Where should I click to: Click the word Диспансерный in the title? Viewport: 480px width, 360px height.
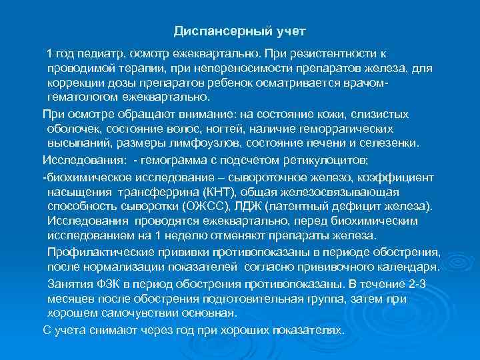click(211, 31)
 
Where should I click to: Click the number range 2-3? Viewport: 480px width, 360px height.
click(421, 283)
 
